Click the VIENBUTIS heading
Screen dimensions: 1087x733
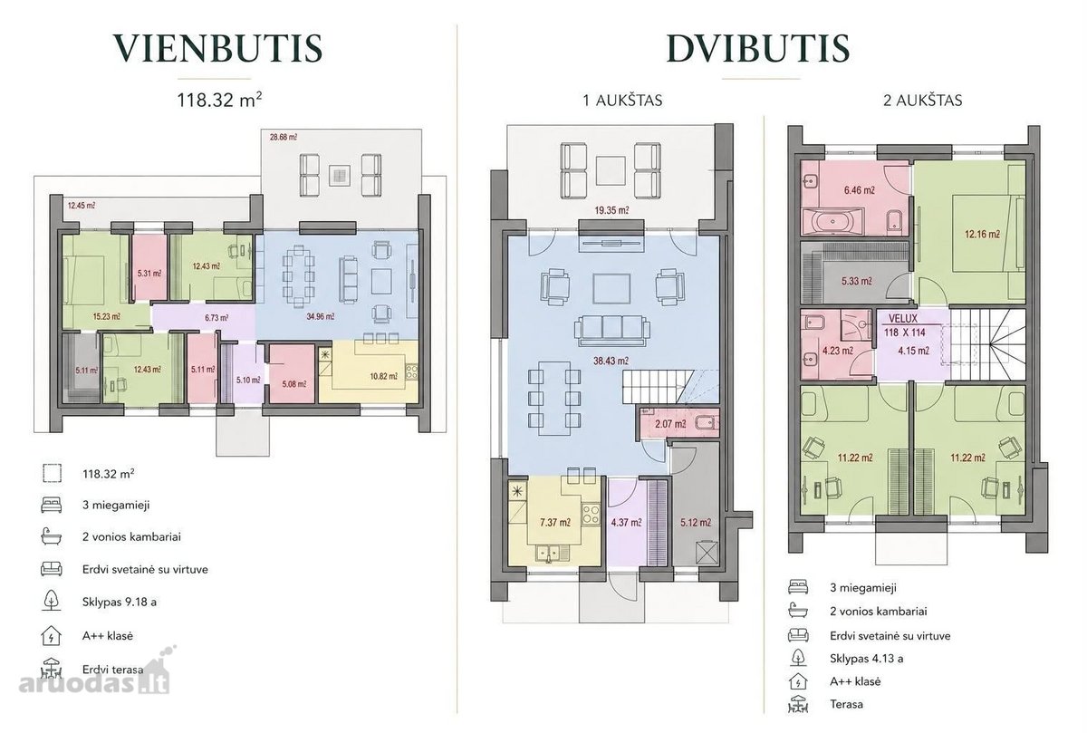click(218, 48)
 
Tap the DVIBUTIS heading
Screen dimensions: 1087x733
click(758, 48)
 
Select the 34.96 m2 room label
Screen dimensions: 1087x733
click(321, 317)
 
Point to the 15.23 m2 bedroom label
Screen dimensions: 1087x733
click(106, 317)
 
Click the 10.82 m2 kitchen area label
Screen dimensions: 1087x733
click(384, 376)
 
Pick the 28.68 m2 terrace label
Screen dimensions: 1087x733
click(284, 138)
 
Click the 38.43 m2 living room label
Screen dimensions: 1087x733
click(611, 361)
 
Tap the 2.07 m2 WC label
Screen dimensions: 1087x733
click(670, 424)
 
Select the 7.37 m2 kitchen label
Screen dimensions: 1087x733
click(555, 522)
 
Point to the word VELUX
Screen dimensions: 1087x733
click(903, 318)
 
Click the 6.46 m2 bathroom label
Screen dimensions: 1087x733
click(860, 189)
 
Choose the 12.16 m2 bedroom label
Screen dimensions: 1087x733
click(982, 234)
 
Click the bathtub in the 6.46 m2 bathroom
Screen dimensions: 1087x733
click(832, 222)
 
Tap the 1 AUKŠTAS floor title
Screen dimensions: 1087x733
click(622, 101)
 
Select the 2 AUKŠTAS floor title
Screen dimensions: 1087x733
click(922, 101)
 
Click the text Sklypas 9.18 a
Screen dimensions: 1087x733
click(120, 602)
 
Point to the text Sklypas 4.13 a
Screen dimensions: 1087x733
click(867, 659)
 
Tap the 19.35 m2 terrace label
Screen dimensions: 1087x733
click(612, 210)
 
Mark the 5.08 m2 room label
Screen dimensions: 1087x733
click(294, 384)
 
